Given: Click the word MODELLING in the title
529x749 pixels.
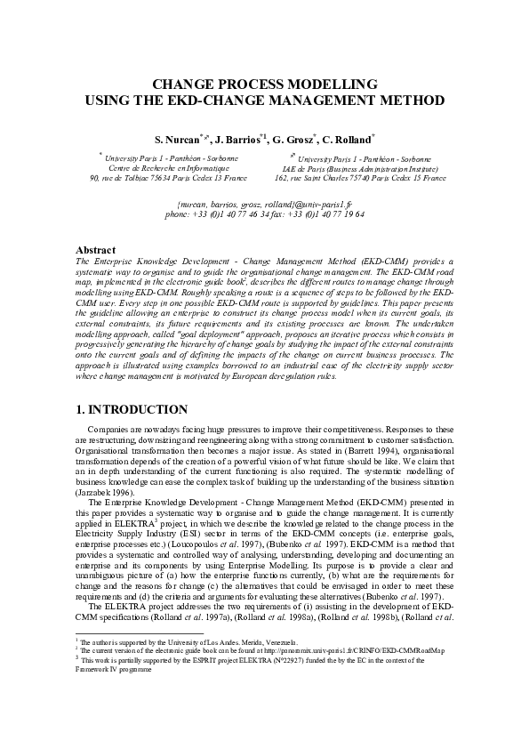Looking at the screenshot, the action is pyautogui.click(x=333, y=84).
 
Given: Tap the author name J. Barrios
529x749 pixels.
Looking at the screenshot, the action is pyautogui.click(x=237, y=140).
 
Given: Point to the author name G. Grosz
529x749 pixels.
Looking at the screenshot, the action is pyautogui.click(x=294, y=140).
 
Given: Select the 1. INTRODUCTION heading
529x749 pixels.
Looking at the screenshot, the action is pyautogui.click(x=132, y=409).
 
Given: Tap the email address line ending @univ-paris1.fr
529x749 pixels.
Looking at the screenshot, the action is pyautogui.click(x=265, y=205).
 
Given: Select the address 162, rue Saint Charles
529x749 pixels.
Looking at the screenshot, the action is pyautogui.click(x=361, y=178).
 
